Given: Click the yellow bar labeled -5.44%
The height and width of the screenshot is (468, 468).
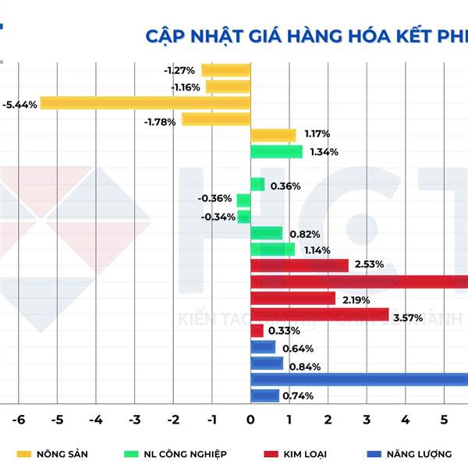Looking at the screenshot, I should click(x=146, y=103).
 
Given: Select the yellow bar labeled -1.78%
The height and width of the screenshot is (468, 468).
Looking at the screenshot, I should click(x=216, y=119).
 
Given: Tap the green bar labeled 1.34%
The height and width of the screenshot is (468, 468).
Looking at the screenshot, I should click(x=276, y=151).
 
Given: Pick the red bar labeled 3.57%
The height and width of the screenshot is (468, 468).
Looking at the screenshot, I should click(x=319, y=314).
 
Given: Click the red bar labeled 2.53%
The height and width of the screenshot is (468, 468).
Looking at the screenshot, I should click(x=300, y=265).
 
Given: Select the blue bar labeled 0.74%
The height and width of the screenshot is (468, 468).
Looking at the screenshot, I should click(x=264, y=395).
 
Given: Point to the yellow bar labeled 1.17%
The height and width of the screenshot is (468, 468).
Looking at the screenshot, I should click(x=273, y=135).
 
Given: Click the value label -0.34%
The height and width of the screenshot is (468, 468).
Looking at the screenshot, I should click(x=218, y=217).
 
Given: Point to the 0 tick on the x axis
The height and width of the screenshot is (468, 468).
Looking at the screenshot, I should click(x=250, y=420).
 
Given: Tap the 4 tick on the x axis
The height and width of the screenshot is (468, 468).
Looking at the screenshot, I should click(x=405, y=420).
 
